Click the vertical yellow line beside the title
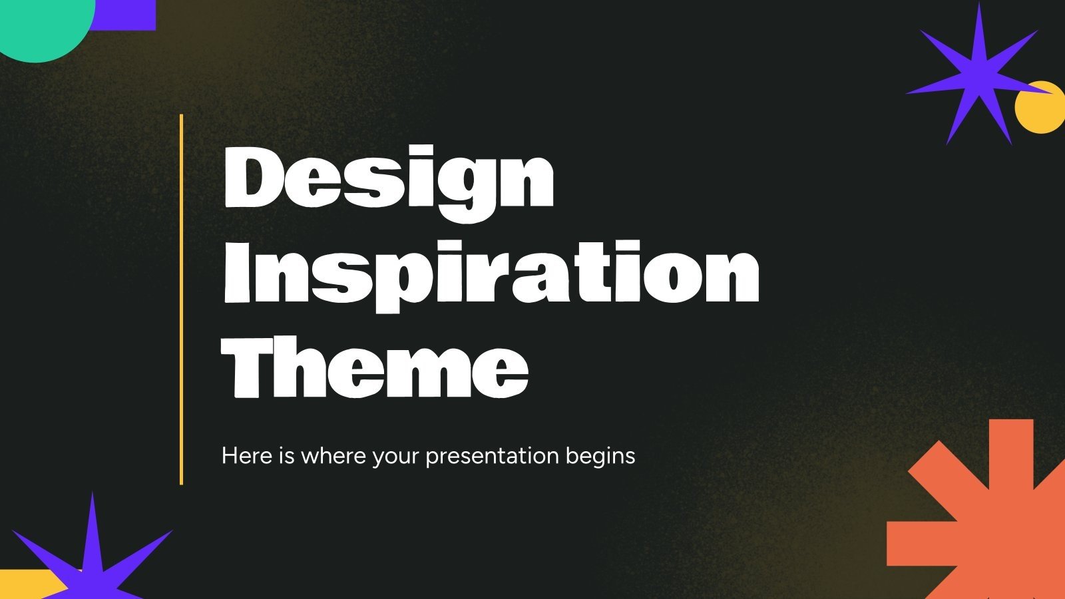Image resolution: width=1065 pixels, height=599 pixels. (x=181, y=299)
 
